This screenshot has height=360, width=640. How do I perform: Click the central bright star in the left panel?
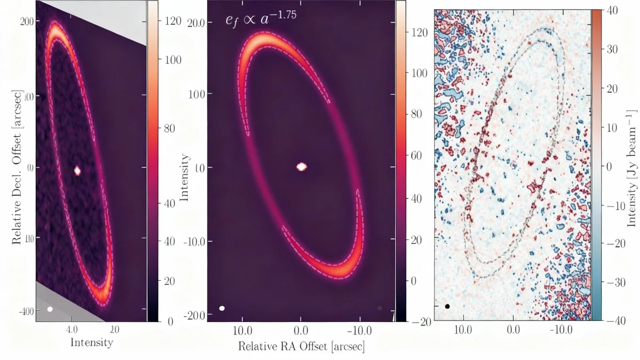(77, 171)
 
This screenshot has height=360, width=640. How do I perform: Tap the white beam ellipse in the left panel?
(50, 309)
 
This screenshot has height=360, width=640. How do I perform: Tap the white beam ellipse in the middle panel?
(222, 308)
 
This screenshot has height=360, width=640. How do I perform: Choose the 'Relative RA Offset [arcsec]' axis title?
(301, 346)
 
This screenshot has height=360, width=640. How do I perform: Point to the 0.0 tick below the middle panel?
(301, 330)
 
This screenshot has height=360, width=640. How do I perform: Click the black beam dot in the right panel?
(447, 306)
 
